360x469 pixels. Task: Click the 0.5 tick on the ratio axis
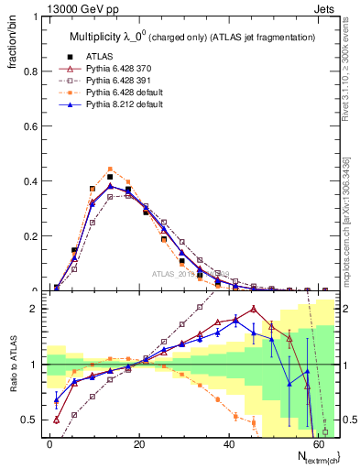click(x=30, y=420)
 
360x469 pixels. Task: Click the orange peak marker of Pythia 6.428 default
click(x=110, y=169)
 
